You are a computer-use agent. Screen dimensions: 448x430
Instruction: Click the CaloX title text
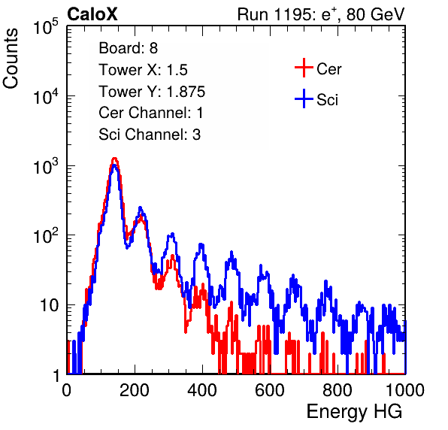tap(92, 14)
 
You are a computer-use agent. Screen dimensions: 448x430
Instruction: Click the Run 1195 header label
tap(321, 14)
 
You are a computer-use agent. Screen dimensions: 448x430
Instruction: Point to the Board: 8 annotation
tap(129, 48)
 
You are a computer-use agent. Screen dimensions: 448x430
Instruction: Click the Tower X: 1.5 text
tap(143, 70)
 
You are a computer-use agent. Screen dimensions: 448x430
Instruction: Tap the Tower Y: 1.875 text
tap(152, 92)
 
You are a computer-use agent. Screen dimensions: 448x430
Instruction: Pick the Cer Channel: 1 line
tap(151, 113)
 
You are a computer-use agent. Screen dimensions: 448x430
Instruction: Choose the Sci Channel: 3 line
tap(150, 135)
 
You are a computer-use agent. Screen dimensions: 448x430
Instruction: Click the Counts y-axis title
tap(11, 59)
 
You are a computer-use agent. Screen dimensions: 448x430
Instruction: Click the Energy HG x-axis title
tap(354, 412)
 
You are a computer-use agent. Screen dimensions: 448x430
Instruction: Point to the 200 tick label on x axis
tap(135, 390)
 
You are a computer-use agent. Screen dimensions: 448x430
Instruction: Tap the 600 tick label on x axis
tap(270, 390)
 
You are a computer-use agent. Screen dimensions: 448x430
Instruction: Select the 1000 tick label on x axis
tap(405, 390)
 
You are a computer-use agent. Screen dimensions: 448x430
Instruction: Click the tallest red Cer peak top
tap(114, 158)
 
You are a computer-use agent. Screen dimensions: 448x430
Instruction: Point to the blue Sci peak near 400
tap(201, 244)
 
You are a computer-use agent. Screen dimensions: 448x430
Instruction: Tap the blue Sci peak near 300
tap(171, 235)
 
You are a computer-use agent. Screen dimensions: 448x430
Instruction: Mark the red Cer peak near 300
tap(172, 256)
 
